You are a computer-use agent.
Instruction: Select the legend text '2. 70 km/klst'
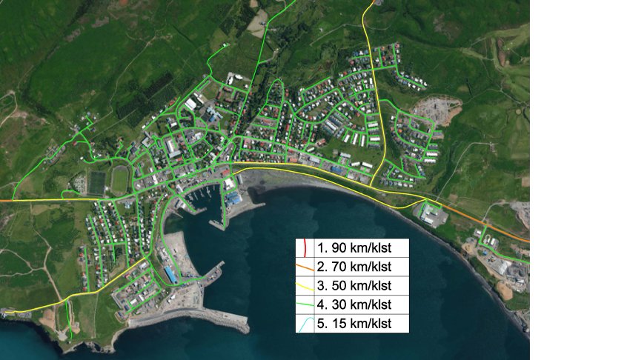[x=354, y=267]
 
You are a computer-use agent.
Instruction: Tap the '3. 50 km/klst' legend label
[x=354, y=286]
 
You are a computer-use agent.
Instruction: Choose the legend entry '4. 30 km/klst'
[x=354, y=304]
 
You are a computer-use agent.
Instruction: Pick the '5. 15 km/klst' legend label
[x=354, y=324]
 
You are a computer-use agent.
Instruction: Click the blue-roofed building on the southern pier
[x=170, y=275]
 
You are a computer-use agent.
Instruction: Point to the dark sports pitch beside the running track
[x=96, y=182]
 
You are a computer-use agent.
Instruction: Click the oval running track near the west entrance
[x=120, y=179]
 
